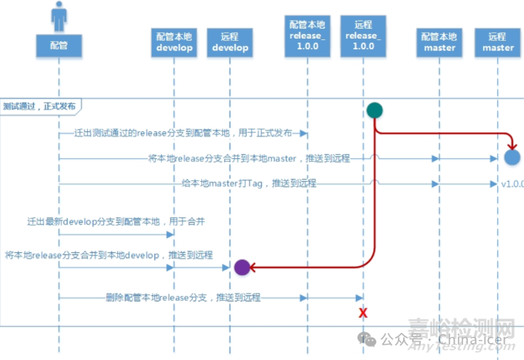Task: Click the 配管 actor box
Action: [x=59, y=45]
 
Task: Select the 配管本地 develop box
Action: [x=174, y=42]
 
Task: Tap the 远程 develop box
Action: [x=230, y=42]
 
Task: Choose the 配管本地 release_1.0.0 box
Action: [x=307, y=35]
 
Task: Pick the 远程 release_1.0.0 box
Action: [x=363, y=35]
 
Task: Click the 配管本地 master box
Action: [x=440, y=42]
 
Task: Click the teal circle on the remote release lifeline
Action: [x=374, y=110]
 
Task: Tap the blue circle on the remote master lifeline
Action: [x=512, y=158]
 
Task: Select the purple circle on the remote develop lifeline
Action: [x=241, y=267]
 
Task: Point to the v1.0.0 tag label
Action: [x=512, y=184]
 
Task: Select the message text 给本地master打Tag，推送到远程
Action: [x=249, y=183]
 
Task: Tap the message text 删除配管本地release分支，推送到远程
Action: [x=183, y=297]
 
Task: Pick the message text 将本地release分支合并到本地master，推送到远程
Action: [x=248, y=158]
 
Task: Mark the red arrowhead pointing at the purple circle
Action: [x=253, y=267]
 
